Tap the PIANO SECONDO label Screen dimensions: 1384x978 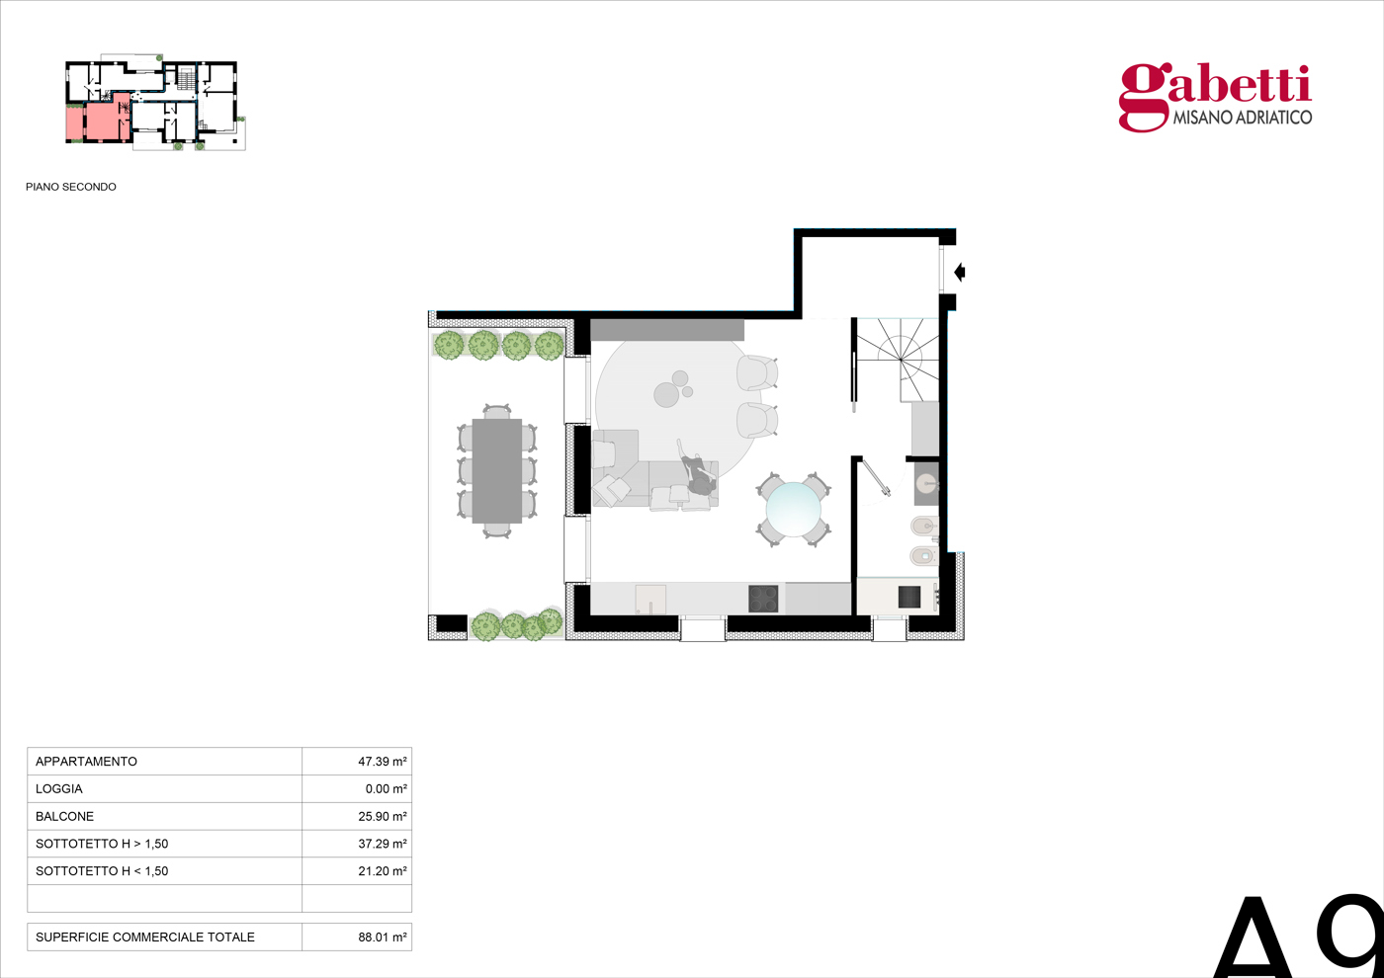pos(71,187)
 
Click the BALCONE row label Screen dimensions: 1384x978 pos(65,816)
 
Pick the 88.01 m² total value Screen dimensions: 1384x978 pos(382,937)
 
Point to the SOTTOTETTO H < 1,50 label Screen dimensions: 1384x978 pos(102,870)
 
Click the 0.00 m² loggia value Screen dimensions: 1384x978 pos(386,788)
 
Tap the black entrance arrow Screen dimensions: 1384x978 pos(960,272)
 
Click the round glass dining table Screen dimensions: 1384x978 pos(794,510)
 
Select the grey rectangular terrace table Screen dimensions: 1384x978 pos(496,471)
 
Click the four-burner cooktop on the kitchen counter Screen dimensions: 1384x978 pos(763,599)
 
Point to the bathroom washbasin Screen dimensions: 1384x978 pos(925,485)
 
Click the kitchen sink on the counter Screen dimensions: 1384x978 pos(650,599)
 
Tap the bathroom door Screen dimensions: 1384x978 pos(877,478)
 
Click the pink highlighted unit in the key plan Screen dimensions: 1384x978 pos(99,121)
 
